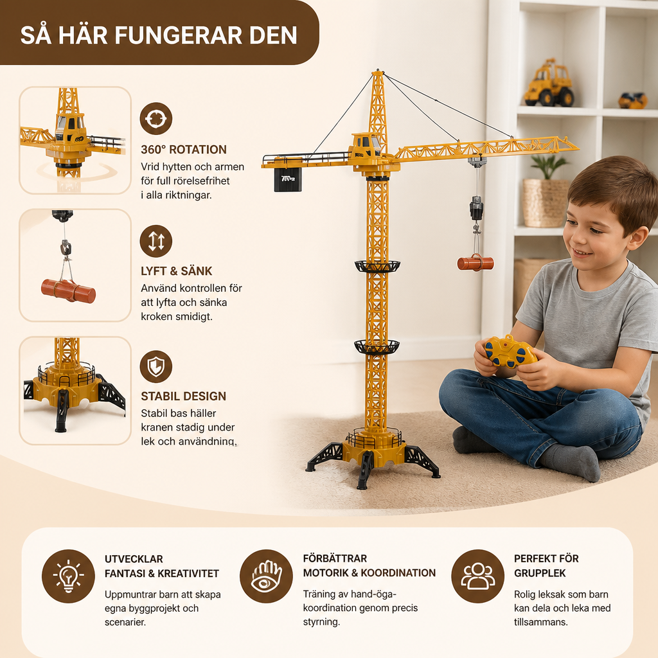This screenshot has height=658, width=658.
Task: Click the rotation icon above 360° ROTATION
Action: [156, 119]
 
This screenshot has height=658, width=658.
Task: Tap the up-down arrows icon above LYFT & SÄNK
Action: [156, 242]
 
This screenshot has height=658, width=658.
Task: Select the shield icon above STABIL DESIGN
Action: [156, 366]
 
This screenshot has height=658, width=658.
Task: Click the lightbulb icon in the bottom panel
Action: [68, 576]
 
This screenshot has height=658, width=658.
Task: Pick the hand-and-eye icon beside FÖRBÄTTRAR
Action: [266, 576]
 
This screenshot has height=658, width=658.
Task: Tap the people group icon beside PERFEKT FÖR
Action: [477, 576]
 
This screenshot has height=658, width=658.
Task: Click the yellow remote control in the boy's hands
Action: [510, 352]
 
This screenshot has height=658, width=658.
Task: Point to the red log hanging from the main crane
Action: [476, 263]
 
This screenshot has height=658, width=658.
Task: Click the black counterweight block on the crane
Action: [288, 180]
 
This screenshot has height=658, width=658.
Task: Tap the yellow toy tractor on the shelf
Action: [549, 84]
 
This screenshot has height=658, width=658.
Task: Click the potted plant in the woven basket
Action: [545, 191]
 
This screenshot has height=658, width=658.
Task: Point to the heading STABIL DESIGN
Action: [183, 396]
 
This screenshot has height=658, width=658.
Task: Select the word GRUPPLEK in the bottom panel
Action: [540, 573]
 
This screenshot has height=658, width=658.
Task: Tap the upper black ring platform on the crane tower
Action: [377, 266]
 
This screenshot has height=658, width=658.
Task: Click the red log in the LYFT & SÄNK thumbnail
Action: [68, 290]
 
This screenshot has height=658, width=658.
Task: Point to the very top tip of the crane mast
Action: [378, 71]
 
